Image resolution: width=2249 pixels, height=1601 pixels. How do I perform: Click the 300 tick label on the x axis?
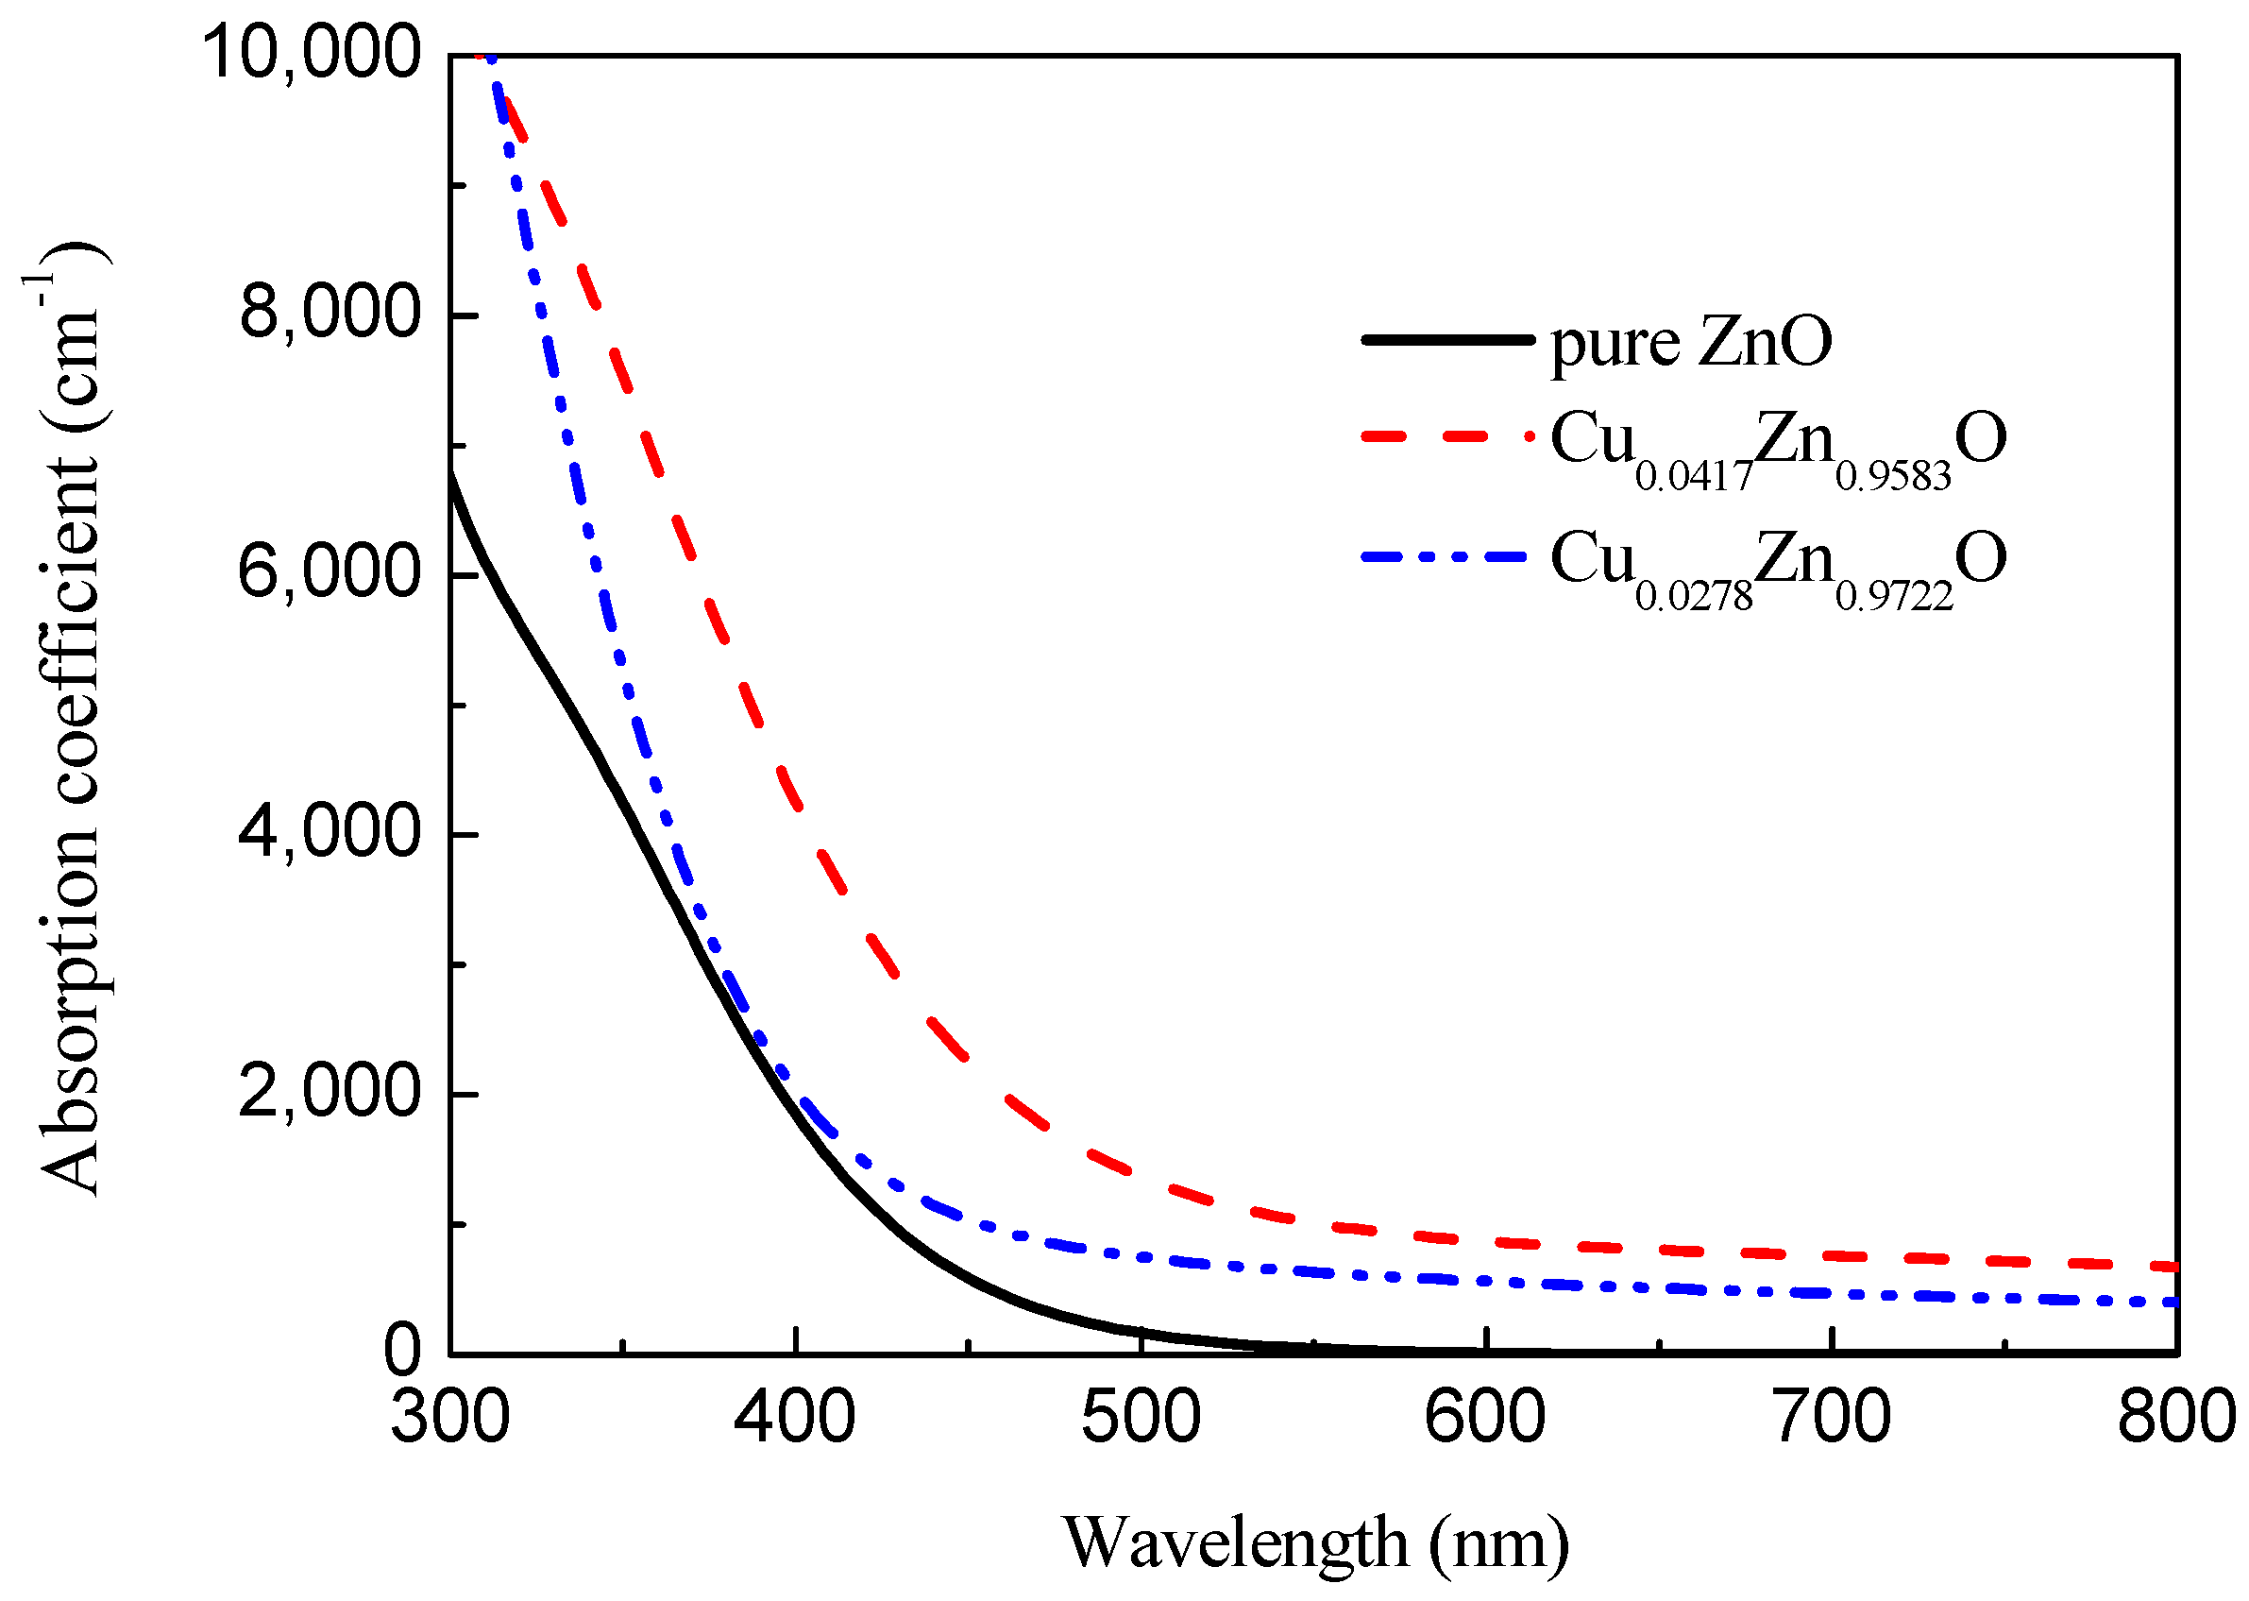pyautogui.click(x=449, y=1418)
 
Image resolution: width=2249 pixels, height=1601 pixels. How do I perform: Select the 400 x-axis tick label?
pyautogui.click(x=795, y=1418)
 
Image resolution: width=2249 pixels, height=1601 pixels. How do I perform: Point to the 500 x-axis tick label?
pyautogui.click(x=1141, y=1418)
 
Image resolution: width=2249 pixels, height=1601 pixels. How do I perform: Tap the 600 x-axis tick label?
pyautogui.click(x=1485, y=1418)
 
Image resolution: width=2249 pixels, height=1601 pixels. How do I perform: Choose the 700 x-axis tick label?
pyautogui.click(x=1831, y=1418)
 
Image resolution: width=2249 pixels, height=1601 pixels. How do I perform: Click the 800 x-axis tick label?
pyautogui.click(x=2176, y=1418)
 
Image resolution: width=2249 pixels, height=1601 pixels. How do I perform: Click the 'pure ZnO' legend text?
pyautogui.click(x=1691, y=342)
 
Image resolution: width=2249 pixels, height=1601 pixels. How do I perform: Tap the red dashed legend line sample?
pyautogui.click(x=1446, y=434)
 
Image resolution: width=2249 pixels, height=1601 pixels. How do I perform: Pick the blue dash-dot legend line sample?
pyautogui.click(x=1446, y=557)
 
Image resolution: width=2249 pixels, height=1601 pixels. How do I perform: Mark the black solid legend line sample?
pyautogui.click(x=1446, y=339)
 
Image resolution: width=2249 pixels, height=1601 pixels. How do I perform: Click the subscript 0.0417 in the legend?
pyautogui.click(x=1694, y=476)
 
